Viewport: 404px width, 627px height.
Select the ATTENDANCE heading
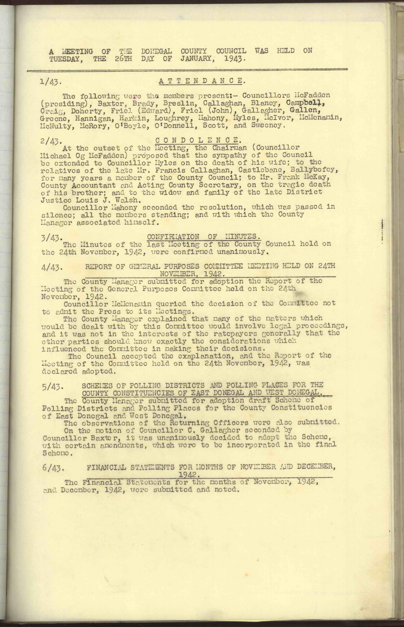click(x=202, y=81)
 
